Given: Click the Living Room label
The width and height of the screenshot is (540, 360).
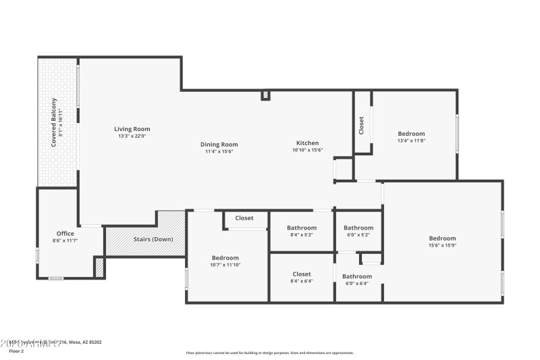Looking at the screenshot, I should coord(132,129).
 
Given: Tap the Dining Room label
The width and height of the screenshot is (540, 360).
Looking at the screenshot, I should coord(219,145).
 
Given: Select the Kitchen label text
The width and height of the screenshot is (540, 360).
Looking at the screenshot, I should coord(307,143).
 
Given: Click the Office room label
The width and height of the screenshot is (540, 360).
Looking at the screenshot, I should coord(65,234).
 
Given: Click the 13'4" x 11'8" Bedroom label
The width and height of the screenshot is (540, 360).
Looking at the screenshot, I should coord(411,134).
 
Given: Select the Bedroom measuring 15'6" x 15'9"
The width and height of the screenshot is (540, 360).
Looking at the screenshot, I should coord(442,238).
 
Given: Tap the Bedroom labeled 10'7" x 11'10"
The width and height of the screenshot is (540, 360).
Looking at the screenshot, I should coord(225,258).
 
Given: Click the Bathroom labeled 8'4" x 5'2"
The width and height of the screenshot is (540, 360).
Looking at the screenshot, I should coord(302,228).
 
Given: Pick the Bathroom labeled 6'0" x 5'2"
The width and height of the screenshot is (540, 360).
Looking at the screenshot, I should coord(358,228).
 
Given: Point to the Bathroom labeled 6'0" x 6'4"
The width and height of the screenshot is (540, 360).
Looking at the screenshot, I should coord(356,276).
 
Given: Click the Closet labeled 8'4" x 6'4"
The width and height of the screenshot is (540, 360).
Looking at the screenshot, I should coord(302,274).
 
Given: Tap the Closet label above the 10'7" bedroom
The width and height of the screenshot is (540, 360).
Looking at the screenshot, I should coord(244,218).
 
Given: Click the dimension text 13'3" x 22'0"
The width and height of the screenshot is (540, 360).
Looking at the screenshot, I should coord(132,136).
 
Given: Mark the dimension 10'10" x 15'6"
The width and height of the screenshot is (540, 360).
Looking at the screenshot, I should coord(307,151).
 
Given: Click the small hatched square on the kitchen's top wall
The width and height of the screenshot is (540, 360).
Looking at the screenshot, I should coord(266,96).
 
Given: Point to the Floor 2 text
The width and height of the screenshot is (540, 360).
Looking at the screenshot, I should coord(16,351).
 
